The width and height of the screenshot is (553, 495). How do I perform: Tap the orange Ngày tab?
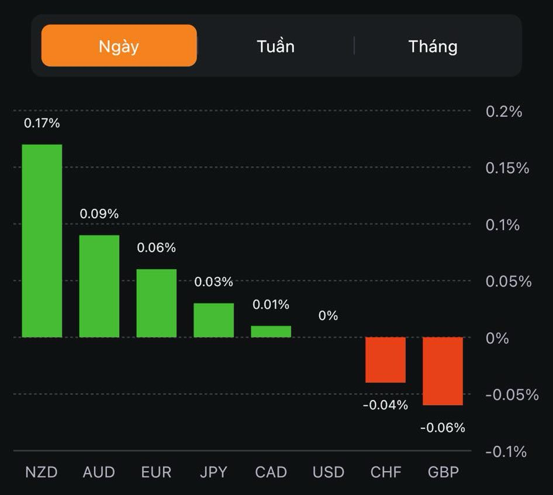(119, 46)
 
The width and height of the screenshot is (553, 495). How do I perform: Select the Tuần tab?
(275, 46)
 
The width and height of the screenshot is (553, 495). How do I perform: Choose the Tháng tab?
(433, 46)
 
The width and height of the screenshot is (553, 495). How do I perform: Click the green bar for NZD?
(42, 240)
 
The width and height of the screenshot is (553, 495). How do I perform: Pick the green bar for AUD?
(99, 286)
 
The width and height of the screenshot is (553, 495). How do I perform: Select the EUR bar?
(157, 303)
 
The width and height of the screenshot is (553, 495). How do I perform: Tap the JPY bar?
(214, 320)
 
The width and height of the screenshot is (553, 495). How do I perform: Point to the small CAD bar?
(271, 332)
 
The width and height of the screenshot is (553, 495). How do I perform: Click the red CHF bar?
(386, 360)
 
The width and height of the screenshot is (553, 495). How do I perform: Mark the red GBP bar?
(443, 371)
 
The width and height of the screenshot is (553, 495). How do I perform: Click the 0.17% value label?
(42, 123)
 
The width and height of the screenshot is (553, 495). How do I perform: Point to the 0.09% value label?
(99, 214)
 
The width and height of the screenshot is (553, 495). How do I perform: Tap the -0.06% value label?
(443, 428)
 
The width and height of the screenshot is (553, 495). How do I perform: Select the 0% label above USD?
(329, 316)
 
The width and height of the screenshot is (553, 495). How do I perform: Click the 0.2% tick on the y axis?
(504, 111)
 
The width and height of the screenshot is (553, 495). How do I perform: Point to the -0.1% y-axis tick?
(506, 452)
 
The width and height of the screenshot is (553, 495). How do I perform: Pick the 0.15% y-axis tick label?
(507, 168)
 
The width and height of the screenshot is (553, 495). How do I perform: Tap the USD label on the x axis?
(329, 472)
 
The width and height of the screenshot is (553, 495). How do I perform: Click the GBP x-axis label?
(443, 472)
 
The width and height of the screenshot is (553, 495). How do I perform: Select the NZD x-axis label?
(42, 472)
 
